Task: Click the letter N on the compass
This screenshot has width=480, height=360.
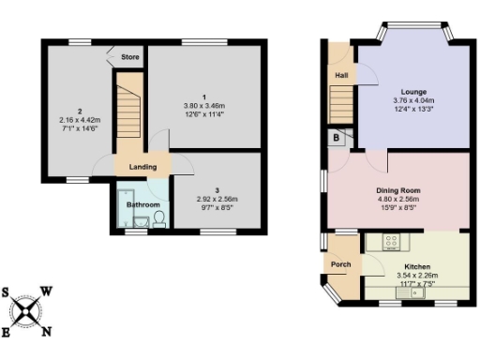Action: (50, 331)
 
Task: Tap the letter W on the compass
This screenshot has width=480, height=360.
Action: (48, 292)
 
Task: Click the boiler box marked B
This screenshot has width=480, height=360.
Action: (336, 137)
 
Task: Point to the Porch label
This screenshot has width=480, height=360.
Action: (340, 265)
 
